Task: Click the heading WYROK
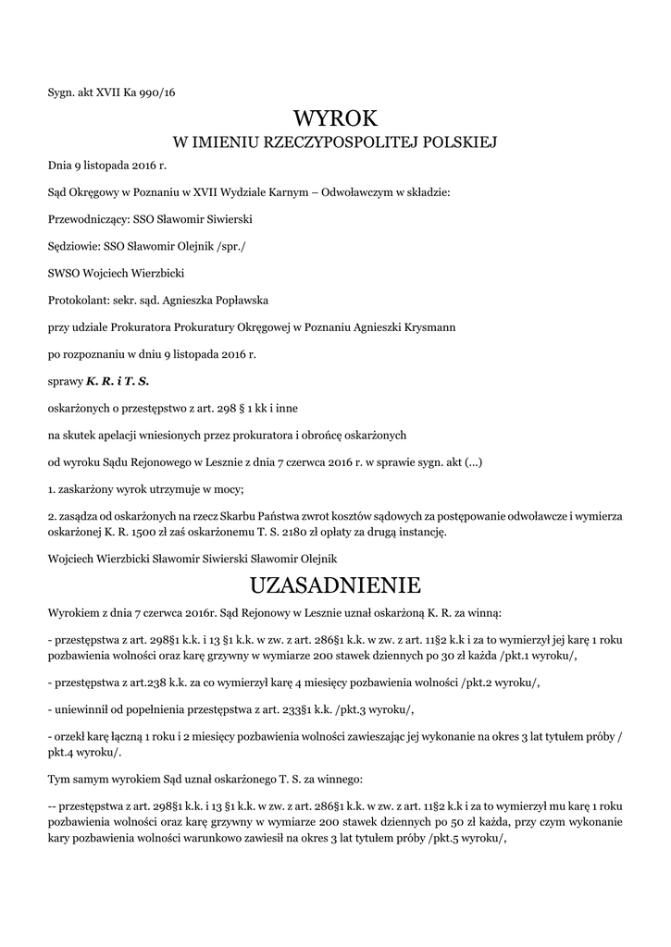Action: [336, 117]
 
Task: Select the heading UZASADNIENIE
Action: [336, 585]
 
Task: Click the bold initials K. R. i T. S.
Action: [118, 380]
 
